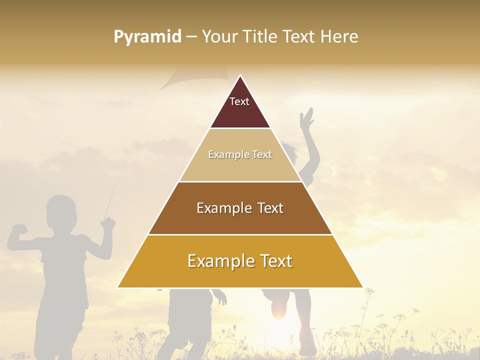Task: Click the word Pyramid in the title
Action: pyautogui.click(x=147, y=37)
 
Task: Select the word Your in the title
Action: pyautogui.click(x=219, y=36)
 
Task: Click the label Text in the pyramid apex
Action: pyautogui.click(x=239, y=101)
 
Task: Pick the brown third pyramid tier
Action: pyautogui.click(x=240, y=220)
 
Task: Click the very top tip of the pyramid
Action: pyautogui.click(x=240, y=76)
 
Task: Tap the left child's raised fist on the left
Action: pyautogui.click(x=19, y=228)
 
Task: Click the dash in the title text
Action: pyautogui.click(x=191, y=37)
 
